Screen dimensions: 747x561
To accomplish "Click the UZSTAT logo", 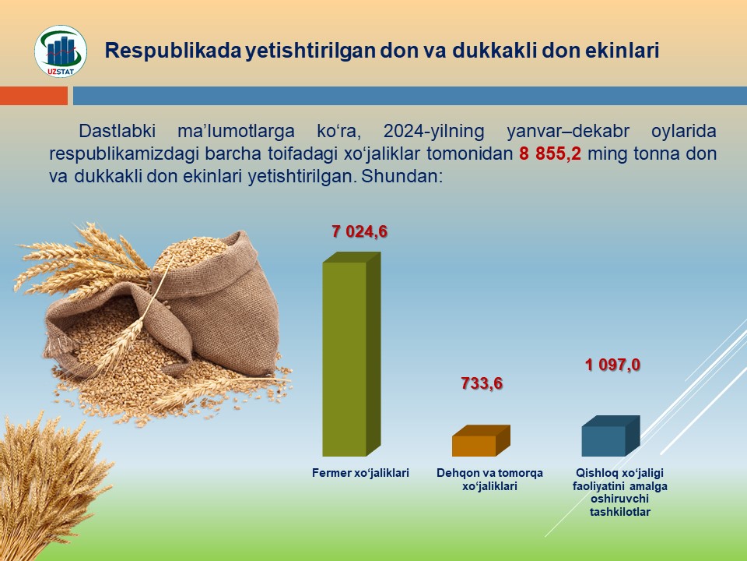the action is pos(61,51).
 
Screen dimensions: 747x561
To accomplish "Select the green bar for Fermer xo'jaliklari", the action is pos(351,354).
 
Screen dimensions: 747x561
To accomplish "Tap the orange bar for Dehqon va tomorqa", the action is pos(481,441).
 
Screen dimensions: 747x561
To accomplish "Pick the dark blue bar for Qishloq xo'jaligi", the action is pos(610,436).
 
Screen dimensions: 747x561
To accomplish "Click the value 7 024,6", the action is pos(359,232).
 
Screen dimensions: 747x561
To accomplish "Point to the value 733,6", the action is pos(482,383).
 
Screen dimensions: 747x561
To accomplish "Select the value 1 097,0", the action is pos(612,365).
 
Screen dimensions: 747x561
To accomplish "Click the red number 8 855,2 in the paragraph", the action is pos(550,153).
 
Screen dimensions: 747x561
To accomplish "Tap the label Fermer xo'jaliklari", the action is pos(360,473).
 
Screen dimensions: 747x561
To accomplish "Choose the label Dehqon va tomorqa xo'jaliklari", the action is pos(489,479).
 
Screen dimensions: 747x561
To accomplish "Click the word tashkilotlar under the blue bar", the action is pos(620,513).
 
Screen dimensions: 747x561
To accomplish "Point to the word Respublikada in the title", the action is pos(173,51).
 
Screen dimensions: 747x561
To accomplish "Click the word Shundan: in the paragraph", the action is pos(402,177).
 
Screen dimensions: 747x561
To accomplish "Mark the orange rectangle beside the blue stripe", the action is pos(33,95).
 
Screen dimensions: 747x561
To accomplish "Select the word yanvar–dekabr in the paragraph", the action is pos(568,131).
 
